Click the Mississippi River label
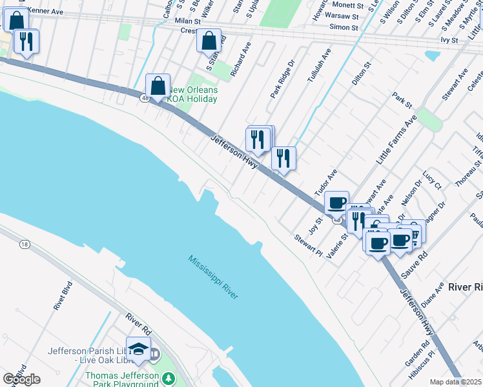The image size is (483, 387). (x=214, y=277)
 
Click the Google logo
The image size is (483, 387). (x=21, y=379)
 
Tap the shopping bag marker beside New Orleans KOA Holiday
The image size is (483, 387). (x=158, y=86)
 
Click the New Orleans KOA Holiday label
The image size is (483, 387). (x=192, y=94)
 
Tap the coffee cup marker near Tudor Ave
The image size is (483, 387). (x=336, y=203)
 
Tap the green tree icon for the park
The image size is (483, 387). (x=169, y=377)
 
